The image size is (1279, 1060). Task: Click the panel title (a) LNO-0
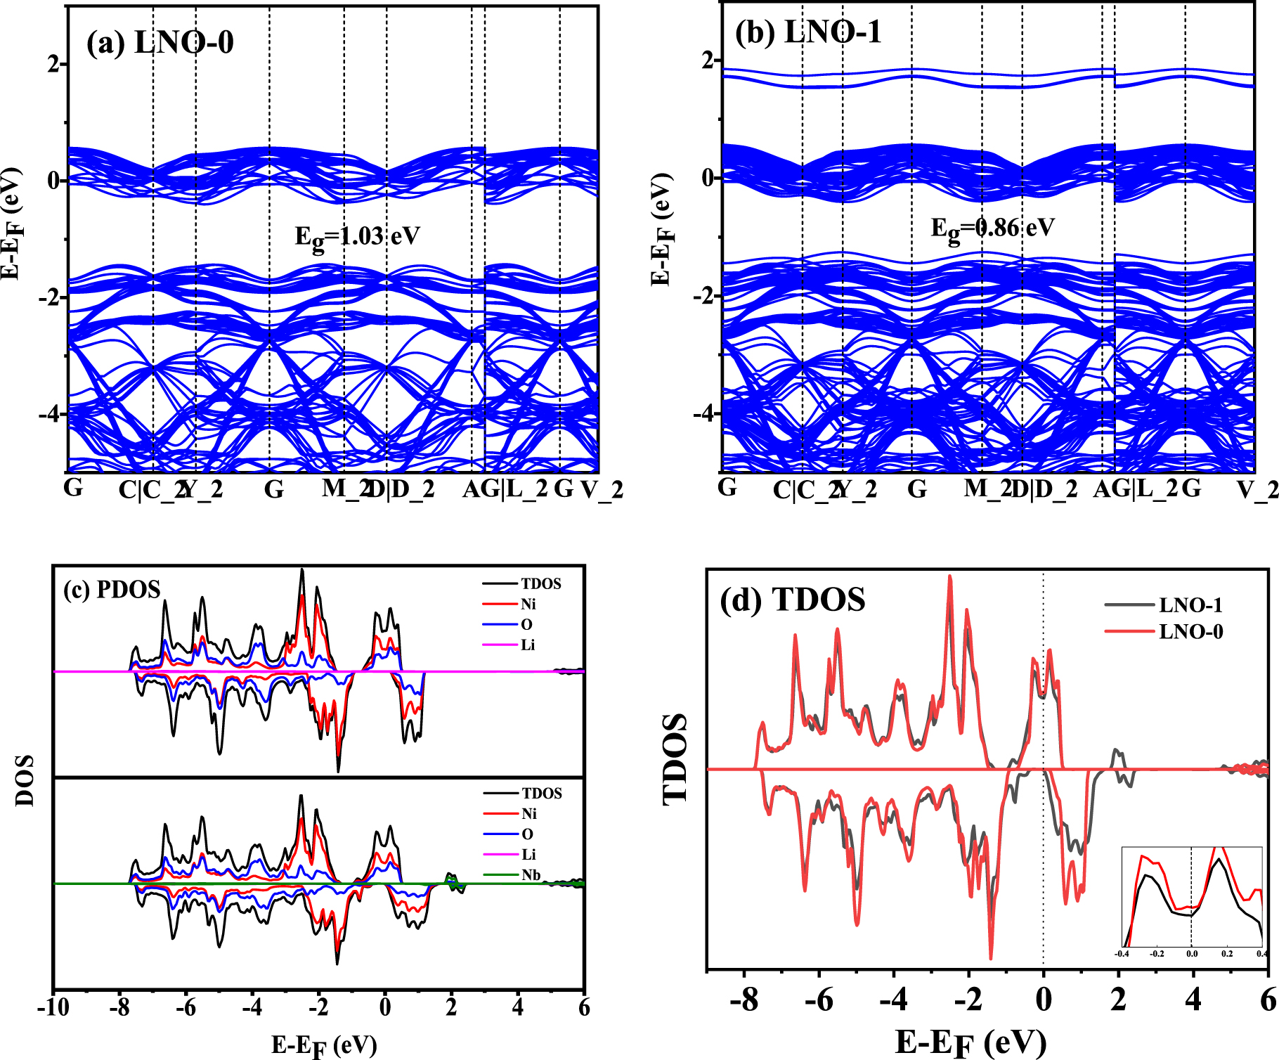coord(160,43)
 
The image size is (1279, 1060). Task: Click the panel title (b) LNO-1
coord(807,32)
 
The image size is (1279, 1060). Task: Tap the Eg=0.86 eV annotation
coord(992,228)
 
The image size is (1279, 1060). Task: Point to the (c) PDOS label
coord(112,589)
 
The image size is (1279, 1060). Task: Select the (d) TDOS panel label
coord(792,600)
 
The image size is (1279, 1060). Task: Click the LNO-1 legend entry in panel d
coord(1190,605)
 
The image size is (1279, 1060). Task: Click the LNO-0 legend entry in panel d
coord(1190,632)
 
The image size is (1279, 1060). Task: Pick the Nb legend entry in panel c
coord(531,875)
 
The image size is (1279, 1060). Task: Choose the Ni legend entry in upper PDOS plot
coord(528,604)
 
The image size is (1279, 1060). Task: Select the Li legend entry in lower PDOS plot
coord(528,855)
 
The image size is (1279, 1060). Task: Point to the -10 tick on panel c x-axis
coord(53,1007)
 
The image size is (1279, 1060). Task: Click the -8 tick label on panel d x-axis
coord(744,999)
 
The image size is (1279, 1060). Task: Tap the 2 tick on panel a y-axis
coord(53,65)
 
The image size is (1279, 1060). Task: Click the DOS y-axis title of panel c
coord(25,780)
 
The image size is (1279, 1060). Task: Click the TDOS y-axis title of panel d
coord(675,759)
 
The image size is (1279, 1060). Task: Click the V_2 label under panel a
coord(602,489)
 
